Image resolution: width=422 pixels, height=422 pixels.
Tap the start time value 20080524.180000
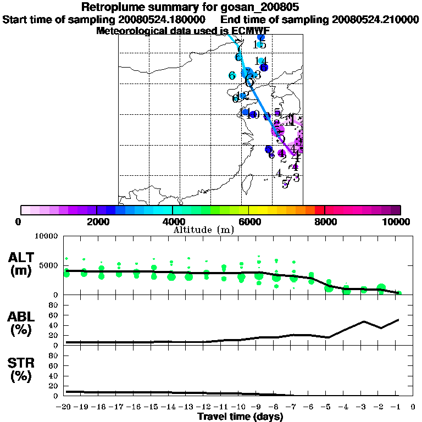[x=166, y=19]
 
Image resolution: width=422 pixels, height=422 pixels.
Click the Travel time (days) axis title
[x=240, y=417]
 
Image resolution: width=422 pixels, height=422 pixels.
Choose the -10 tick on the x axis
[x=240, y=407]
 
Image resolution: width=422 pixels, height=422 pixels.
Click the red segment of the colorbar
[x=320, y=210]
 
